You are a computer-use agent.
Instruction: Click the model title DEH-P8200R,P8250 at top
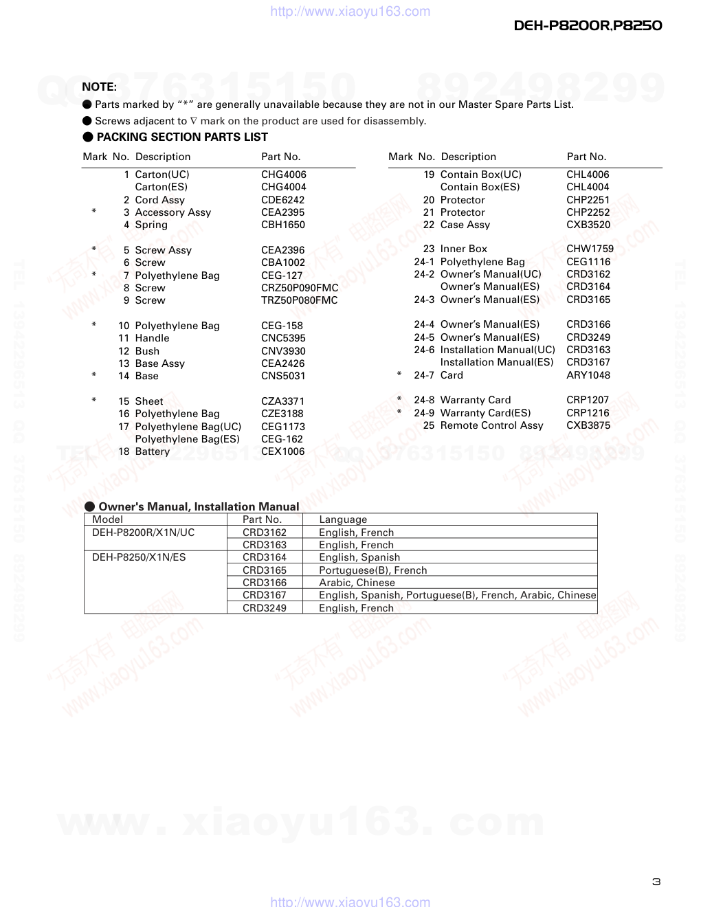point(588,25)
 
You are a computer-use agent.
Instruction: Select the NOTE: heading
point(99,87)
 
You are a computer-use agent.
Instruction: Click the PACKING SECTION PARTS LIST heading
point(182,137)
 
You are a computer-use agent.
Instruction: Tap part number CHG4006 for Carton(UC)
point(283,175)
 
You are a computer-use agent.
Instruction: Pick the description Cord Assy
point(159,200)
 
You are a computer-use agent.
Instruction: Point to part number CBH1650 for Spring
point(282,225)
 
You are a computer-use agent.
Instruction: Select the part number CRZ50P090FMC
point(299,288)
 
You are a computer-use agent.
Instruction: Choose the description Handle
point(152,338)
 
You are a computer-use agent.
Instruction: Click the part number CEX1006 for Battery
point(282,451)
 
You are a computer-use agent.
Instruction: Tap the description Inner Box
point(463,249)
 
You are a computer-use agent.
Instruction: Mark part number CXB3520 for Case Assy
point(588,225)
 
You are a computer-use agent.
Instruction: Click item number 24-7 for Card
point(423,375)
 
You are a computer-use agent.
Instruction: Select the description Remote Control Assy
point(491,425)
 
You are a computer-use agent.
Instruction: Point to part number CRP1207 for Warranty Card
point(588,400)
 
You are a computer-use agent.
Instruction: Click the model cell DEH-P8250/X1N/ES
point(139,557)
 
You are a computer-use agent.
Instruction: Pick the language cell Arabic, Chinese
point(357,583)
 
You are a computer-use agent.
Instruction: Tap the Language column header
point(343,519)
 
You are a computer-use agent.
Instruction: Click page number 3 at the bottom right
point(656,882)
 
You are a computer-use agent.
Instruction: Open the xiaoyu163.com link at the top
point(350,11)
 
